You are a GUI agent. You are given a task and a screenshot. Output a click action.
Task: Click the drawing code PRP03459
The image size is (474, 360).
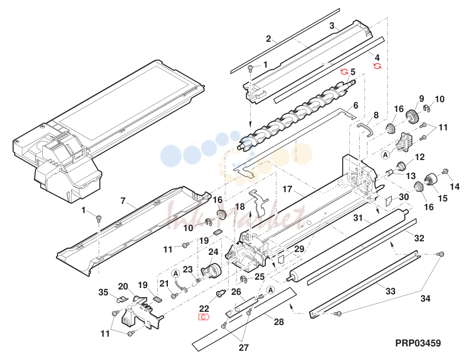pos(418,343)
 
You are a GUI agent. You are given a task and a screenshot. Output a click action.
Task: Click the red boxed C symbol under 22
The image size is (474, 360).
pos(204,317)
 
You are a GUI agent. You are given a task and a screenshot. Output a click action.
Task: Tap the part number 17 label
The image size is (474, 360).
pos(287,189)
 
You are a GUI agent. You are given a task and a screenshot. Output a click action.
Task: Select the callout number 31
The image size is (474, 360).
pos(358,217)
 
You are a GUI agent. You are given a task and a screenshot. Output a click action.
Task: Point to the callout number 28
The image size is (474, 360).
pos(279,322)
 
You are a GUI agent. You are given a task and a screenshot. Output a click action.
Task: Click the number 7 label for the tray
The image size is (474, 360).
pos(123,201)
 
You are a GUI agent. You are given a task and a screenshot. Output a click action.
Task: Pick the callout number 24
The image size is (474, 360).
pos(213,252)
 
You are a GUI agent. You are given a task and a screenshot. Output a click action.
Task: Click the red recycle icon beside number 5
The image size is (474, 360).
pos(344,72)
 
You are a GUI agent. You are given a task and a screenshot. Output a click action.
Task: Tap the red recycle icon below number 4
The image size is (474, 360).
pos(377,66)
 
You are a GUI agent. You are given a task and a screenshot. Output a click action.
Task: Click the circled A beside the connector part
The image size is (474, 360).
pos(385,155)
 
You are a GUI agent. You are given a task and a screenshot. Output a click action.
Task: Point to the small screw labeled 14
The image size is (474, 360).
pos(445,171)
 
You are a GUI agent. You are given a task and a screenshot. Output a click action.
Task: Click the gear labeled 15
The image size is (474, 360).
pos(431,179)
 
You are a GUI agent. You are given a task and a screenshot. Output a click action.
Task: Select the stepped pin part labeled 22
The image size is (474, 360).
pos(221,293)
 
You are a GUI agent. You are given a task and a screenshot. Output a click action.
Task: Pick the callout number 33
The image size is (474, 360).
pos(390,291)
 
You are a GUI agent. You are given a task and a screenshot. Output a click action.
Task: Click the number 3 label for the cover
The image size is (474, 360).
pos(332,26)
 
